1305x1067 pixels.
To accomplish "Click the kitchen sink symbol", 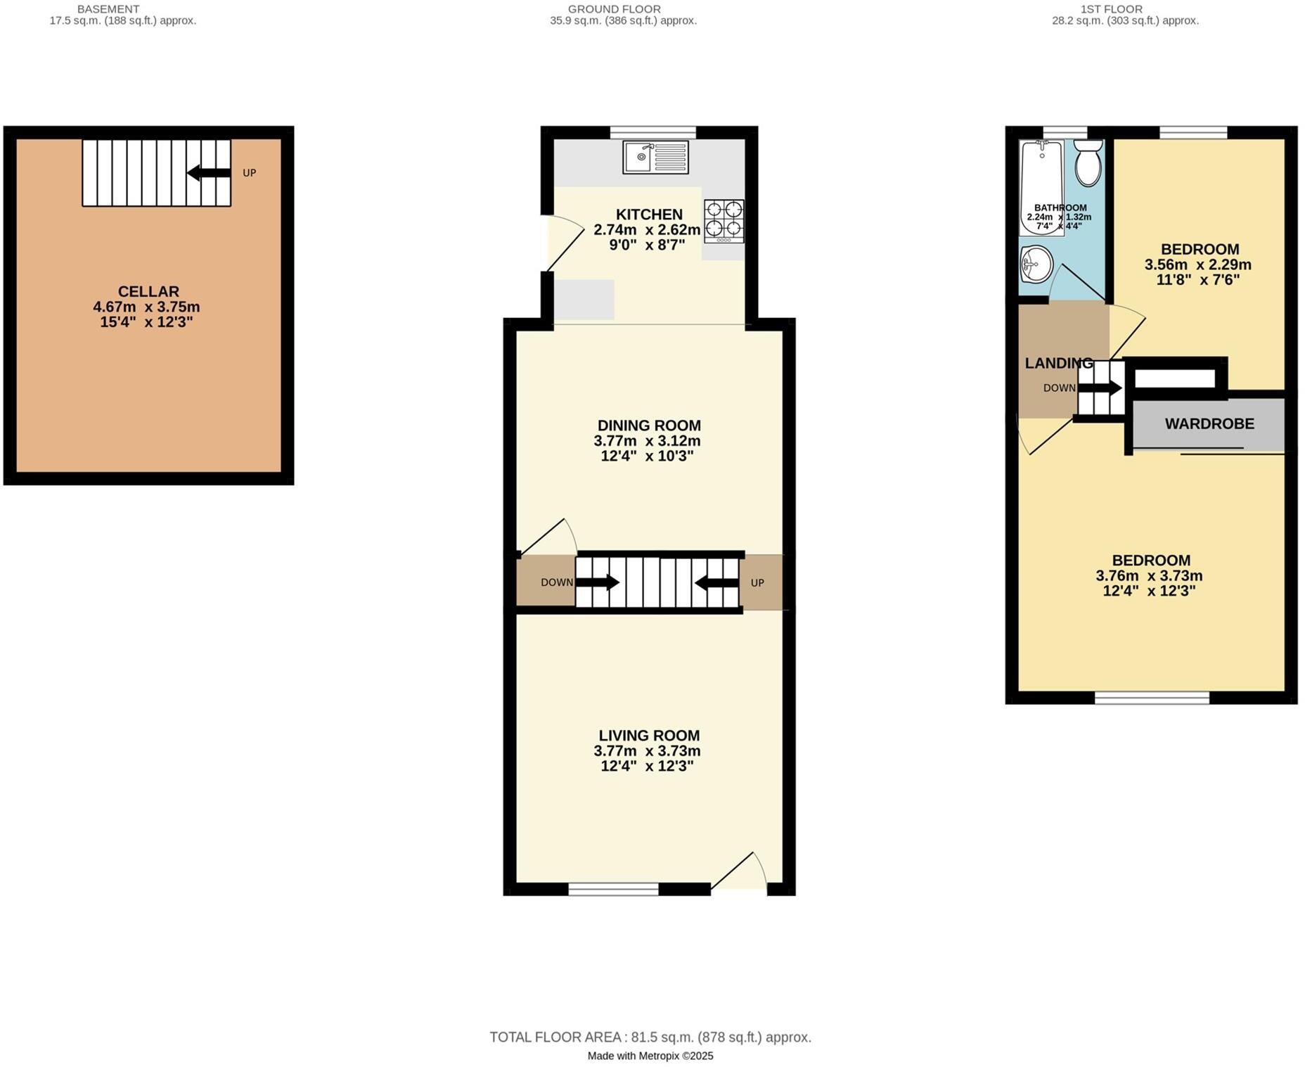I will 655,157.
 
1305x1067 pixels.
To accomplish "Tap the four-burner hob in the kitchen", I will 724,220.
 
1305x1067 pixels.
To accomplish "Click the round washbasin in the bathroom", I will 1036,264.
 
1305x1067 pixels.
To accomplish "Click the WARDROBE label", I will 1209,423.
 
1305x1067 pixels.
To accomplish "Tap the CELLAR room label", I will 148,291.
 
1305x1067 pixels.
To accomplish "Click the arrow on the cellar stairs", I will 208,173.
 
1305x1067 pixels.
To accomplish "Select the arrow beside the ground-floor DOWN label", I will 597,582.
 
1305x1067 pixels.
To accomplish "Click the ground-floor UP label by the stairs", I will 757,582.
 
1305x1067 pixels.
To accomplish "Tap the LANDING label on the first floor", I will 1058,363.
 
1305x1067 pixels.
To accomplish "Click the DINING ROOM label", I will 648,426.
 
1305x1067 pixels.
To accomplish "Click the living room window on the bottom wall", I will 613,890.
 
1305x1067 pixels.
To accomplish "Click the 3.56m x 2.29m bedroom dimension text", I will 1198,265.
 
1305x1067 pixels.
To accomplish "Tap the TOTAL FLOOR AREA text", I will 650,1037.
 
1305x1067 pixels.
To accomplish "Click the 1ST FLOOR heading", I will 1111,9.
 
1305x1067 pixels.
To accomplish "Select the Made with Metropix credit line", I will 650,1056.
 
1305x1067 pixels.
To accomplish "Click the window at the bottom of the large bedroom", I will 1152,698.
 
